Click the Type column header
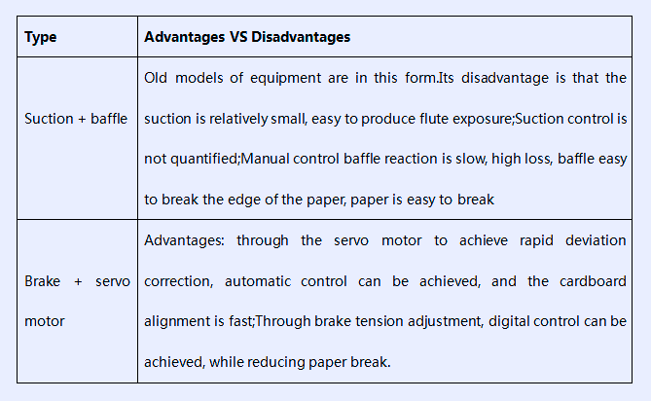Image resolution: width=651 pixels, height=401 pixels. click(x=40, y=37)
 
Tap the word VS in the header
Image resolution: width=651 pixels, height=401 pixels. click(x=238, y=37)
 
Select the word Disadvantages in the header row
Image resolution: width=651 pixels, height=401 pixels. click(x=301, y=37)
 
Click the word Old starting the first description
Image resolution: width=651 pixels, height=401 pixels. click(x=156, y=78)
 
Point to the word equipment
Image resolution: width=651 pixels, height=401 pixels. click(x=286, y=79)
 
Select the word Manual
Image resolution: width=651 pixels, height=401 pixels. click(x=265, y=159)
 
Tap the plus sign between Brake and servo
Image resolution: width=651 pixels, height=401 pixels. click(x=78, y=282)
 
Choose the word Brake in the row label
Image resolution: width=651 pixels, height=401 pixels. click(x=43, y=281)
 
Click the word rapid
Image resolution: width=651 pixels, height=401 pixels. click(x=536, y=241)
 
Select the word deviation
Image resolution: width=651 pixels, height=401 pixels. click(x=596, y=240)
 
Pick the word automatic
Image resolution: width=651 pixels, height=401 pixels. click(x=258, y=281)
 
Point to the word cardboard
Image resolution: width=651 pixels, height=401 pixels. click(x=593, y=281)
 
